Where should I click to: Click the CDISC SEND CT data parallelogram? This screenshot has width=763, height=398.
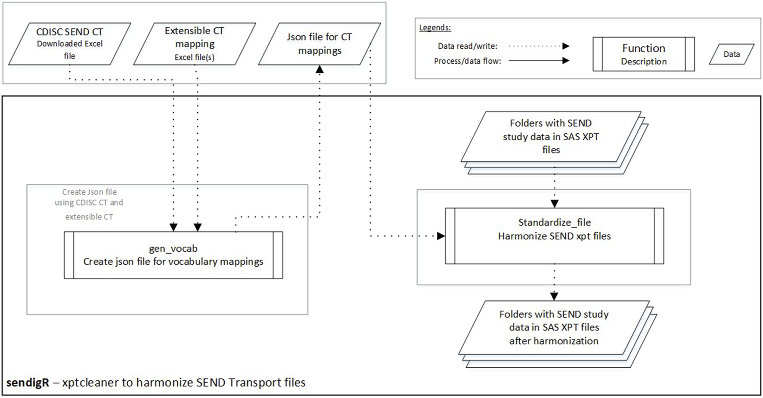click(69, 44)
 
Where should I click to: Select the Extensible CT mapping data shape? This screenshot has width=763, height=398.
click(195, 44)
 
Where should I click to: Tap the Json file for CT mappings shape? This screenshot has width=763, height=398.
click(319, 44)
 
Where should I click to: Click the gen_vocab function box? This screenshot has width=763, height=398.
click(173, 255)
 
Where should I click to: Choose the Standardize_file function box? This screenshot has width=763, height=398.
click(554, 236)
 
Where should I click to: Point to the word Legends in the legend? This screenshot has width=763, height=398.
click(435, 28)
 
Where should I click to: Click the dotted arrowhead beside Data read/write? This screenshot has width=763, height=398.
click(565, 46)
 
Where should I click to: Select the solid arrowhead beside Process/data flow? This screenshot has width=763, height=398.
click(565, 61)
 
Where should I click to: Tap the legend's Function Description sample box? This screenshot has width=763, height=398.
click(643, 54)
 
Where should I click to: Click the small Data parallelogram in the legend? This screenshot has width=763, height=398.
click(731, 54)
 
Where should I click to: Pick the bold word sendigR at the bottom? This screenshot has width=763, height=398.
click(28, 383)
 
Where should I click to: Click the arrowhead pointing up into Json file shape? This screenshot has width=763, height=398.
click(319, 70)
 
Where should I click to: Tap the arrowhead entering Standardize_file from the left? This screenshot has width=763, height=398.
click(440, 236)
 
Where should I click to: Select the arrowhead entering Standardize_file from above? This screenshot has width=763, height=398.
click(555, 204)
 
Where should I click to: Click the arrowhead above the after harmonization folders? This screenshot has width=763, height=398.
click(554, 296)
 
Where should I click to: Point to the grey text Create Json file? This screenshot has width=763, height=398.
click(89, 192)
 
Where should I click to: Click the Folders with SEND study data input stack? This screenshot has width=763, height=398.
click(551, 137)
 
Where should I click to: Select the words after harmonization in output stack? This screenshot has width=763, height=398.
click(554, 341)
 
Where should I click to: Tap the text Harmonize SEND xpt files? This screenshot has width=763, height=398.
click(554, 236)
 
